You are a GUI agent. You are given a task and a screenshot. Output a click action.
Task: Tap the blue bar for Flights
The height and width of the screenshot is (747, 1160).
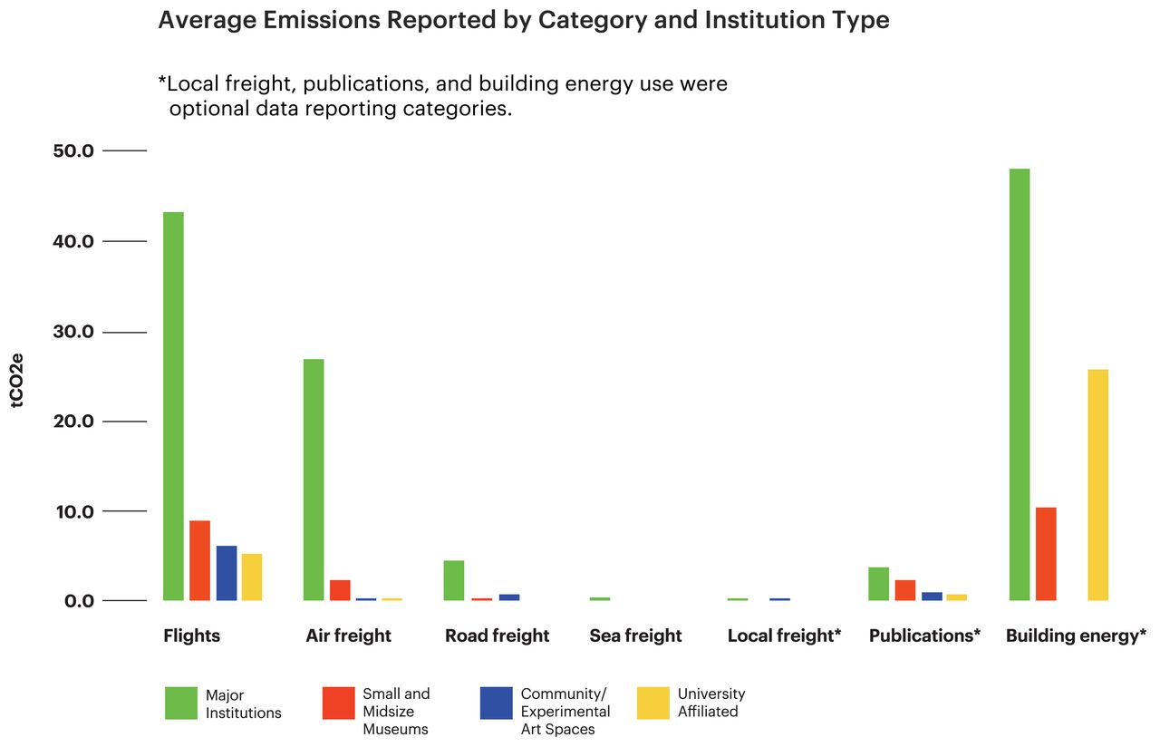(227, 573)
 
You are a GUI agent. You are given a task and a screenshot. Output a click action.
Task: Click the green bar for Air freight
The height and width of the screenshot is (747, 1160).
(314, 480)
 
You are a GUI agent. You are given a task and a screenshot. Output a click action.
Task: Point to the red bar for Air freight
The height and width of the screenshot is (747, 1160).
(340, 590)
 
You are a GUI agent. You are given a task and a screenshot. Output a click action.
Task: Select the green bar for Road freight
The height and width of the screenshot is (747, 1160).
(454, 580)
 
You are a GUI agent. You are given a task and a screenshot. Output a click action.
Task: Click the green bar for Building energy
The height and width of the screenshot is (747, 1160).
(1019, 384)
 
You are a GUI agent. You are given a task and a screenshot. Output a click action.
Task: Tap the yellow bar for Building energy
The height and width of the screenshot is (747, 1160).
(1097, 485)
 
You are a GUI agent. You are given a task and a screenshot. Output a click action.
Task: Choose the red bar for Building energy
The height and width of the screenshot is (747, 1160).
(1046, 554)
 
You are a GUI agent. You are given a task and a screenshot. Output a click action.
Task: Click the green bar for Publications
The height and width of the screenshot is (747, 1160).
(878, 584)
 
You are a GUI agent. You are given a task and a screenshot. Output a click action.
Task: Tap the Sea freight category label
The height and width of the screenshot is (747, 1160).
(635, 635)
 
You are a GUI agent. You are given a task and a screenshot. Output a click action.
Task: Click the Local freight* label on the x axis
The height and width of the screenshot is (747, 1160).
(784, 635)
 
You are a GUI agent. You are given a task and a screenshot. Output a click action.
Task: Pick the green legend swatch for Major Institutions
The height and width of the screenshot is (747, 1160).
(181, 703)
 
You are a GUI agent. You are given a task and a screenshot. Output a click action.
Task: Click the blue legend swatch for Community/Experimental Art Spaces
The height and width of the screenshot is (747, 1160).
(497, 703)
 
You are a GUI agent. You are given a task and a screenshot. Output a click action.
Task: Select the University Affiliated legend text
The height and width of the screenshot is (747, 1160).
(711, 703)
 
